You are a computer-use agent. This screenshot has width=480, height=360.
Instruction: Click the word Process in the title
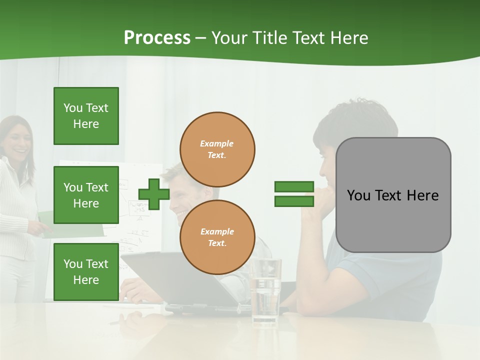click(157, 38)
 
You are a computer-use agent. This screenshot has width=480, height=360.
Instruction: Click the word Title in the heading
click(268, 38)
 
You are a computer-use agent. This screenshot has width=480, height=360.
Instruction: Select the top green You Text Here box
click(86, 116)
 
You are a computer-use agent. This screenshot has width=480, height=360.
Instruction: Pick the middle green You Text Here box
click(86, 195)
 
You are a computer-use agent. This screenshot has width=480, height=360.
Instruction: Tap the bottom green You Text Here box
click(86, 271)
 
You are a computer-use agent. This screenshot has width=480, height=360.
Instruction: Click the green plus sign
click(154, 194)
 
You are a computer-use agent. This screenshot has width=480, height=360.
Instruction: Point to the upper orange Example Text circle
click(217, 149)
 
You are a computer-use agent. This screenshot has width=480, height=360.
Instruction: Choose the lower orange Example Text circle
click(217, 237)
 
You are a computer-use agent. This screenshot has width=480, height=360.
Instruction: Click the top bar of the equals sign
click(294, 186)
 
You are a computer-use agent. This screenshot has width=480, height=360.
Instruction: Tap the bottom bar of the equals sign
click(294, 201)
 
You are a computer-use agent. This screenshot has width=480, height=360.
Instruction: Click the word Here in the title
click(349, 38)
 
